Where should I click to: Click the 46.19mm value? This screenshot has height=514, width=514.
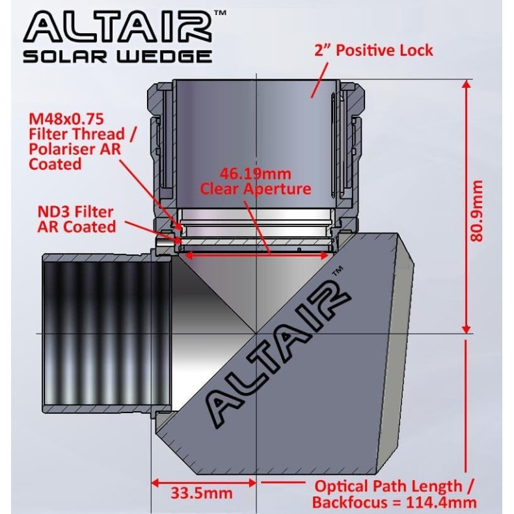[254, 174]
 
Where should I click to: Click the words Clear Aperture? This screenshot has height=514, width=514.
[255, 189]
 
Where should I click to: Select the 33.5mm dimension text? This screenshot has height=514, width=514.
[202, 493]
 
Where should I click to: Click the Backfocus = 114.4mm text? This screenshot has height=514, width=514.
[394, 502]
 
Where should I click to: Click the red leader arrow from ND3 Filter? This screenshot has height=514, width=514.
[150, 230]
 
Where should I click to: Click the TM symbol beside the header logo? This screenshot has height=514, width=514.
[220, 12]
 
